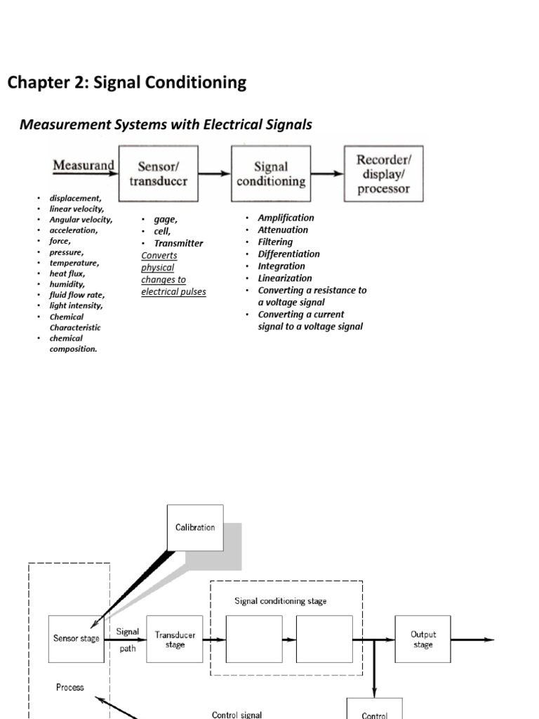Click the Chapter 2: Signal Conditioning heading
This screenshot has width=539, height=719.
(x=127, y=83)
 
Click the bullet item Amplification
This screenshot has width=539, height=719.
(x=286, y=218)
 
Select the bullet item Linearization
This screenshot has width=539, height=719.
(x=284, y=278)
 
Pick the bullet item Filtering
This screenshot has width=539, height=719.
(x=275, y=242)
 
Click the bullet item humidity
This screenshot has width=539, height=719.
(x=68, y=284)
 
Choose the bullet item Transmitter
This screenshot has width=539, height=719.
(x=178, y=243)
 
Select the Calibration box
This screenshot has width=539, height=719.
(x=195, y=527)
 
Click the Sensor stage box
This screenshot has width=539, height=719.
(x=76, y=639)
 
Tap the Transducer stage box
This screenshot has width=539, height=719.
(x=175, y=639)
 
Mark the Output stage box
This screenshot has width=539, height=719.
(x=422, y=639)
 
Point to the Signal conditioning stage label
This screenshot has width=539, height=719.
(x=280, y=600)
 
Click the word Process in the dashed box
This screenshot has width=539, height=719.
(x=69, y=687)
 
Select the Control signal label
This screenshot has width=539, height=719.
(x=237, y=714)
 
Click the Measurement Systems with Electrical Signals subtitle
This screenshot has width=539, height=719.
(x=166, y=125)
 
